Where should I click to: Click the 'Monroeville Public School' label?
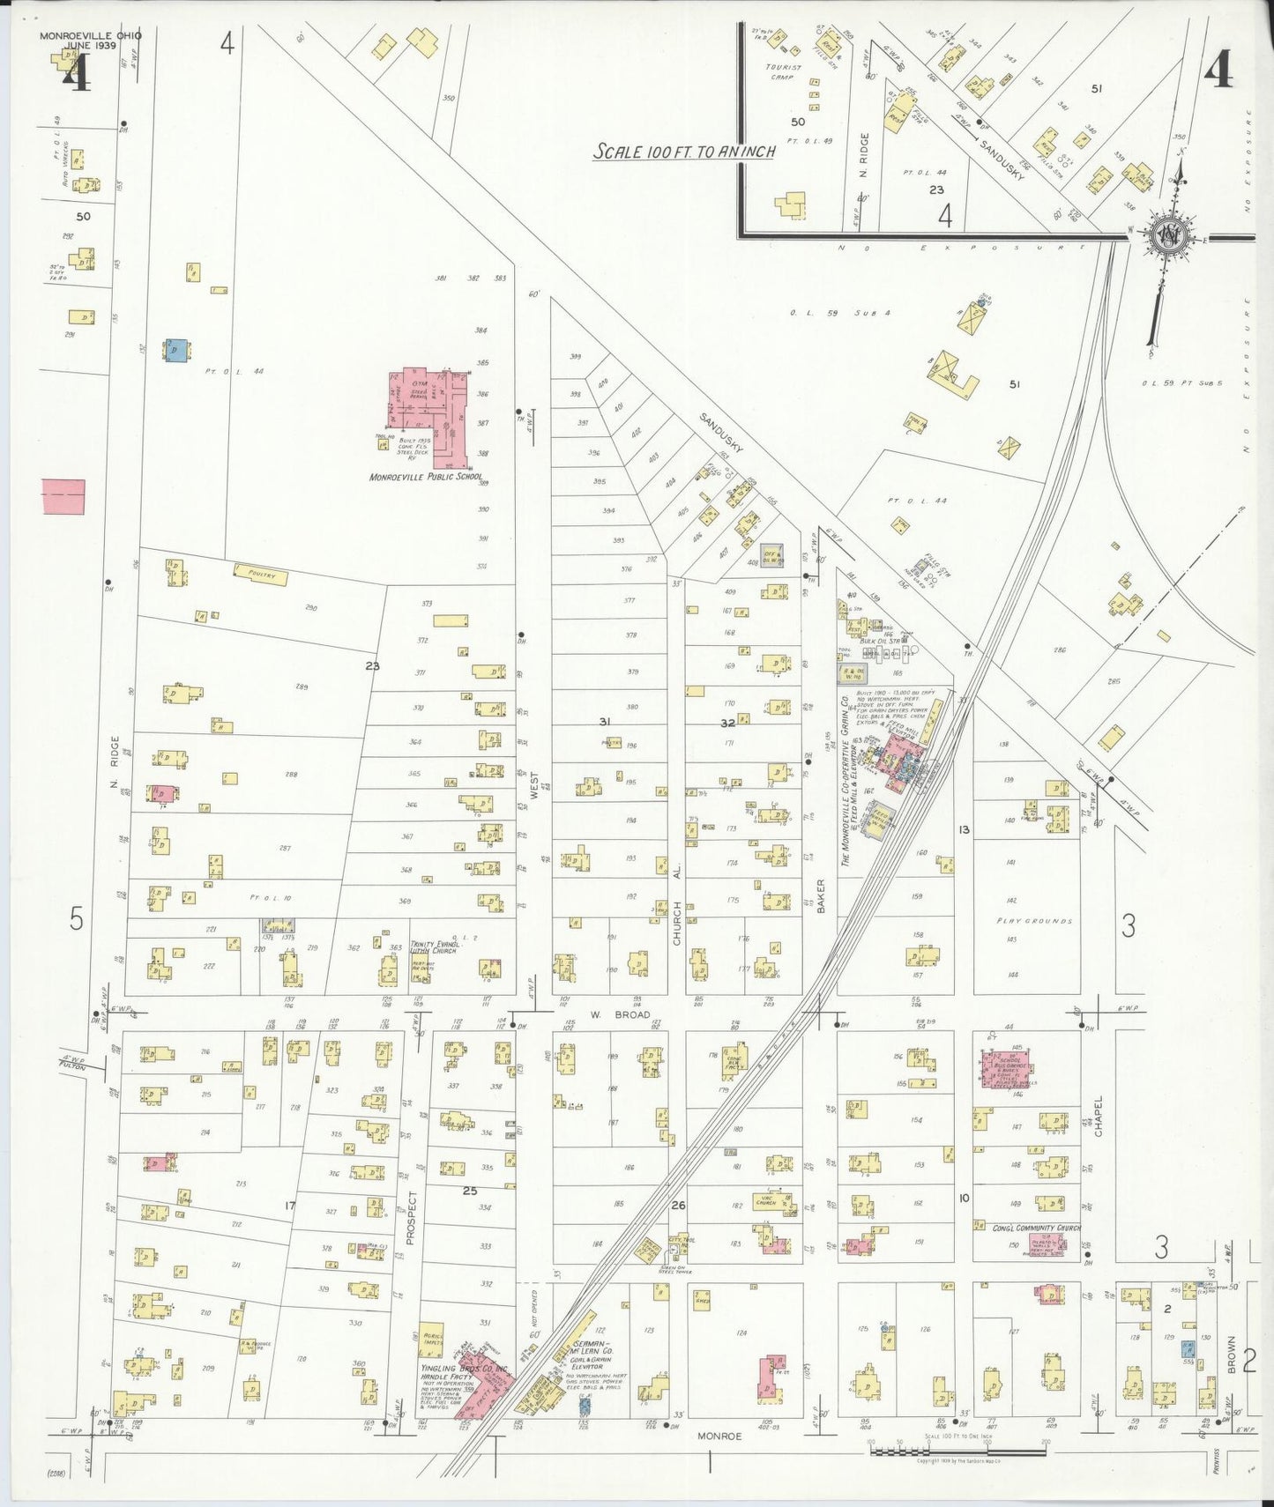pos(427,477)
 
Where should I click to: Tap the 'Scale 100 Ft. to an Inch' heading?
pos(684,152)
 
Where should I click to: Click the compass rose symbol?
pos(1168,235)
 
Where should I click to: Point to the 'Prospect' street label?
pos(410,1218)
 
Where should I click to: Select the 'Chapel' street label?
pos(1099,1117)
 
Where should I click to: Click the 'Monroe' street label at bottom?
pos(719,1436)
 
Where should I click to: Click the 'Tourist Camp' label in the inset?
pos(784,71)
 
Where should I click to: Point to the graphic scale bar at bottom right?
pos(957,1450)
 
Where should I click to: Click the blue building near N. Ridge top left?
pos(175,350)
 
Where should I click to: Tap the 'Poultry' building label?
pos(263,575)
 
